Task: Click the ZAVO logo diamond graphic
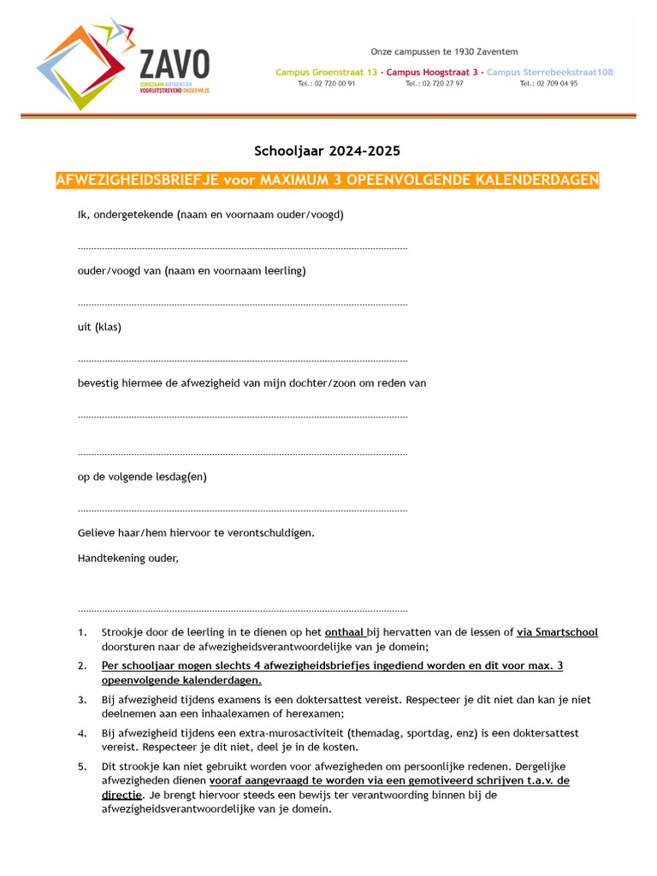[x=86, y=64]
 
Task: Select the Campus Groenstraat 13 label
[x=326, y=73]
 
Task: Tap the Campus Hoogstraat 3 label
[x=431, y=73]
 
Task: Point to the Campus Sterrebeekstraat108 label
[x=549, y=73]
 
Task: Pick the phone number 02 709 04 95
[x=548, y=84]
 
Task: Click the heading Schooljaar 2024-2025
[x=327, y=151]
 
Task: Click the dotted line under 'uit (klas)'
[x=242, y=360]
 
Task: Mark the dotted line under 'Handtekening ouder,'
[x=242, y=611]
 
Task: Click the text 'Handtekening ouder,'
[x=128, y=558]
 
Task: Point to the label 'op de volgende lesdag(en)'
[x=142, y=476]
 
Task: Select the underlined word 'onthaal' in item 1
[x=345, y=632]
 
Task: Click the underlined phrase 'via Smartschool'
[x=557, y=632]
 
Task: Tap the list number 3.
[x=82, y=700]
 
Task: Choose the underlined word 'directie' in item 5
[x=121, y=795]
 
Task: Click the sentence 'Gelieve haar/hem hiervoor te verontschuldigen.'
[x=196, y=533]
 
